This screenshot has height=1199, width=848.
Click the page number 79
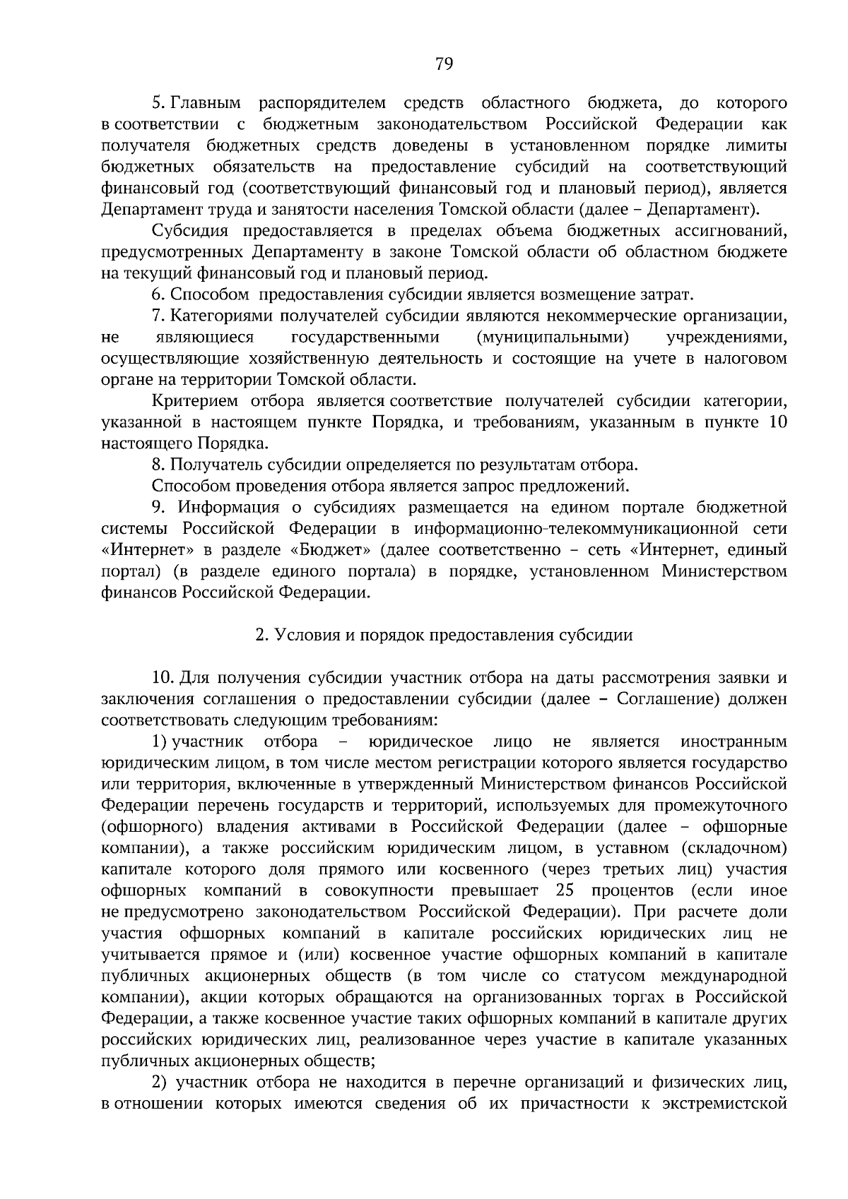pos(444,65)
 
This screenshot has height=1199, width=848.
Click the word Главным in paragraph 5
pos(206,104)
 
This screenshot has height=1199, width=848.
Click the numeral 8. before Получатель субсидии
pos(158,465)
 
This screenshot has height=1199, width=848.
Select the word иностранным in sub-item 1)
pos(734,741)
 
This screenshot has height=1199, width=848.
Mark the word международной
pos(724,976)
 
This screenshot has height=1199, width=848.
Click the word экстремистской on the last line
pos(726,1103)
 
